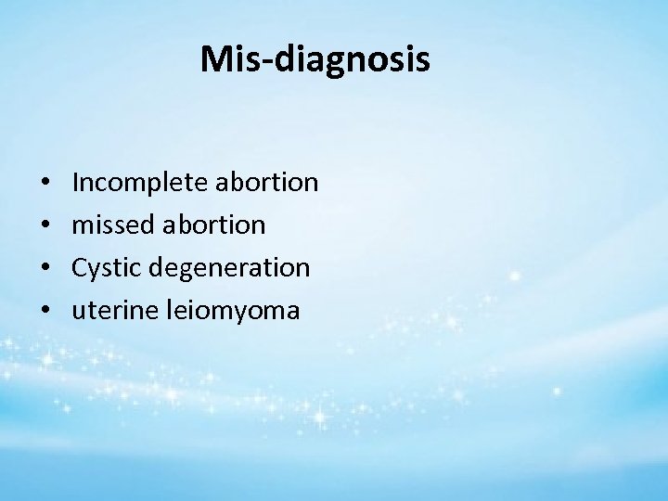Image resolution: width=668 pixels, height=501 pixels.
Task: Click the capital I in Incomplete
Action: coord(75,182)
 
